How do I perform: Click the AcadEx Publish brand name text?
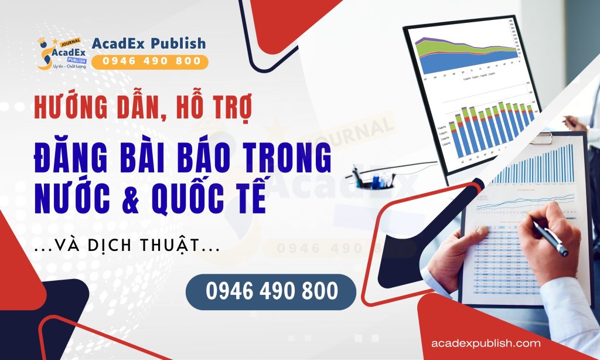pyautogui.click(x=149, y=43)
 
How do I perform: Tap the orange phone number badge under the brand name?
pyautogui.click(x=149, y=61)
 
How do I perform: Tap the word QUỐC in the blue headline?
pyautogui.click(x=196, y=199)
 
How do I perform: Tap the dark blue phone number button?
pyautogui.click(x=271, y=291)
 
